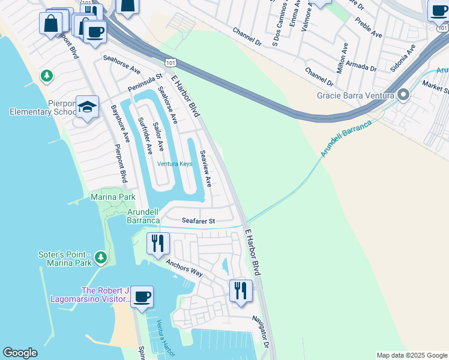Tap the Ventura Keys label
coord(175,164)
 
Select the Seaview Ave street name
coord(205,169)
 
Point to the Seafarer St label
coord(198,221)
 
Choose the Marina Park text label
coord(113,197)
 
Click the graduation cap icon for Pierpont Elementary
coord(88,107)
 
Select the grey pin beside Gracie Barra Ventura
coord(403,95)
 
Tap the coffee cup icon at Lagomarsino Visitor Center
coord(142,296)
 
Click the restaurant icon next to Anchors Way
coord(158,242)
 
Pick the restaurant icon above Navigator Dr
coord(241,290)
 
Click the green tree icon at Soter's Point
coord(101,257)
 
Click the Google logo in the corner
coord(20,353)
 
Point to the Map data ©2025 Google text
coord(411,355)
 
